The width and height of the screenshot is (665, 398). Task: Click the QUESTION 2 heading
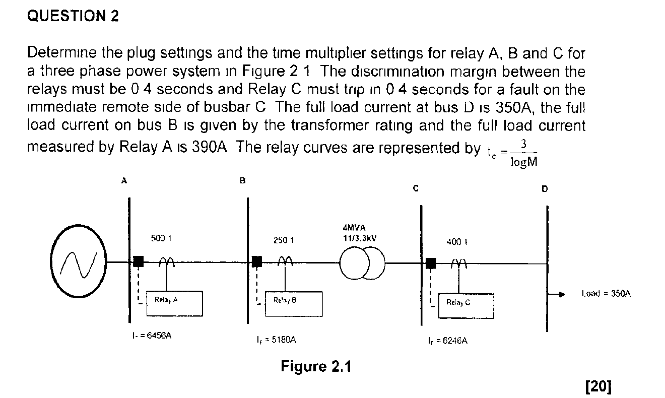coord(73,17)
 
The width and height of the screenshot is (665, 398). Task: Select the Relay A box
coord(174,303)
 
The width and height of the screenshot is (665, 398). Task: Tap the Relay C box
coord(466,305)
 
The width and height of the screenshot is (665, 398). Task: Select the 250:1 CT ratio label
coord(284,241)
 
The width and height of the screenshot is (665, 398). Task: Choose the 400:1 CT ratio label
coord(454,242)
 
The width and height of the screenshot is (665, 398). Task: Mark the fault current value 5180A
coord(276,341)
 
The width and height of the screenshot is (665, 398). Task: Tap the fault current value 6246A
coord(447,341)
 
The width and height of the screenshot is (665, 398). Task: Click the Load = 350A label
coord(606,293)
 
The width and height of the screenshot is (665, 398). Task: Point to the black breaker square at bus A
coord(138,261)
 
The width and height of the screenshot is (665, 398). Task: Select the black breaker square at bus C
coord(431,262)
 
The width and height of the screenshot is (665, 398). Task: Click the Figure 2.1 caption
coord(315,366)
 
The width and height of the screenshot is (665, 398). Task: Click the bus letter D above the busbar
coord(544,189)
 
